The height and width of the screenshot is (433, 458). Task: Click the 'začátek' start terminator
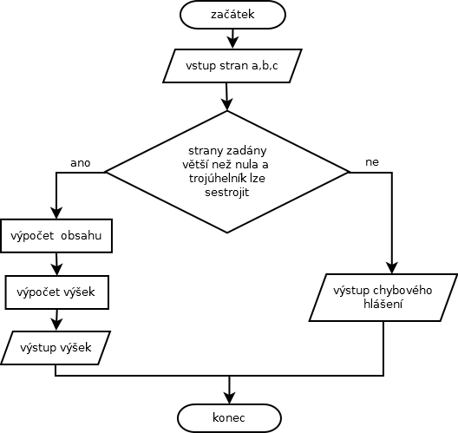[232, 14]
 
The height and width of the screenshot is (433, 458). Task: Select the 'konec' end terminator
[229, 418]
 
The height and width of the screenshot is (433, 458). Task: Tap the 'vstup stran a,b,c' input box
[232, 66]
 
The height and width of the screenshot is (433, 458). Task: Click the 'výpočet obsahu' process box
[56, 236]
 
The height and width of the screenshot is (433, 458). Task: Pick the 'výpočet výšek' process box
[57, 292]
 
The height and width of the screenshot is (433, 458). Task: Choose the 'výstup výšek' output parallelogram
[56, 348]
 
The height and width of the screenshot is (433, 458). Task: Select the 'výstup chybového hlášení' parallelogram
[383, 298]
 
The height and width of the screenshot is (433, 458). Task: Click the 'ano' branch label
[81, 163]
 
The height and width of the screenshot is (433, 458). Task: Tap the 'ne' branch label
[372, 162]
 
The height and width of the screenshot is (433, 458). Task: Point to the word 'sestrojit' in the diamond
[227, 193]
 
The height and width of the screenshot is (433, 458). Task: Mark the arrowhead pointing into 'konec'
[229, 398]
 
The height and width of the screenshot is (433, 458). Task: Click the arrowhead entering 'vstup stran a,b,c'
[232, 43]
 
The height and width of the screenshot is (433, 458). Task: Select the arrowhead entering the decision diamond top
[227, 105]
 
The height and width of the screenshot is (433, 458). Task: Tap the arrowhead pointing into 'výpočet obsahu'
[56, 213]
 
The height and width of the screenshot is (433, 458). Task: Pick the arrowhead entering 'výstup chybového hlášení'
[392, 267]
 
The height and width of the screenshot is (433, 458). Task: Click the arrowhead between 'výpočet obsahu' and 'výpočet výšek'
[57, 269]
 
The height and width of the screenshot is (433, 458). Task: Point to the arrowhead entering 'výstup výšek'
[56, 325]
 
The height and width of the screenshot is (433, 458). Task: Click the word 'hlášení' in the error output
[383, 305]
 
